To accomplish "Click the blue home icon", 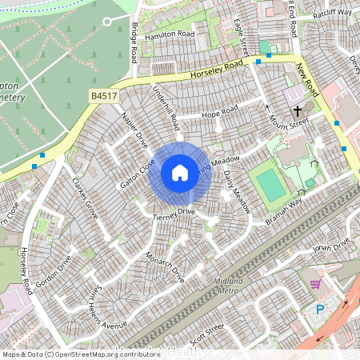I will pos(180,172).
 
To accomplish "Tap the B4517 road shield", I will pos(99,96).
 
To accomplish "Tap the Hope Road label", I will pos(220,110).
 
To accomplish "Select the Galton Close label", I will pos(137,173).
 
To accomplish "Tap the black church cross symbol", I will pos(298,111).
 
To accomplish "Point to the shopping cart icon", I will pos(315,284).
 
